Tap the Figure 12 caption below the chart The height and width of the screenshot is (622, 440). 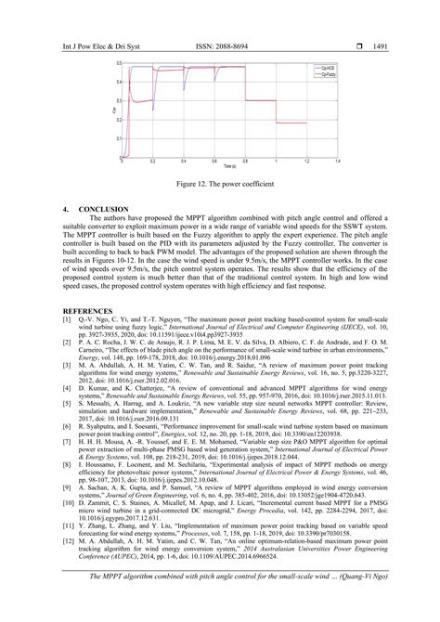click(220, 184)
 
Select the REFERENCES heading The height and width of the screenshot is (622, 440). click(89, 309)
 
